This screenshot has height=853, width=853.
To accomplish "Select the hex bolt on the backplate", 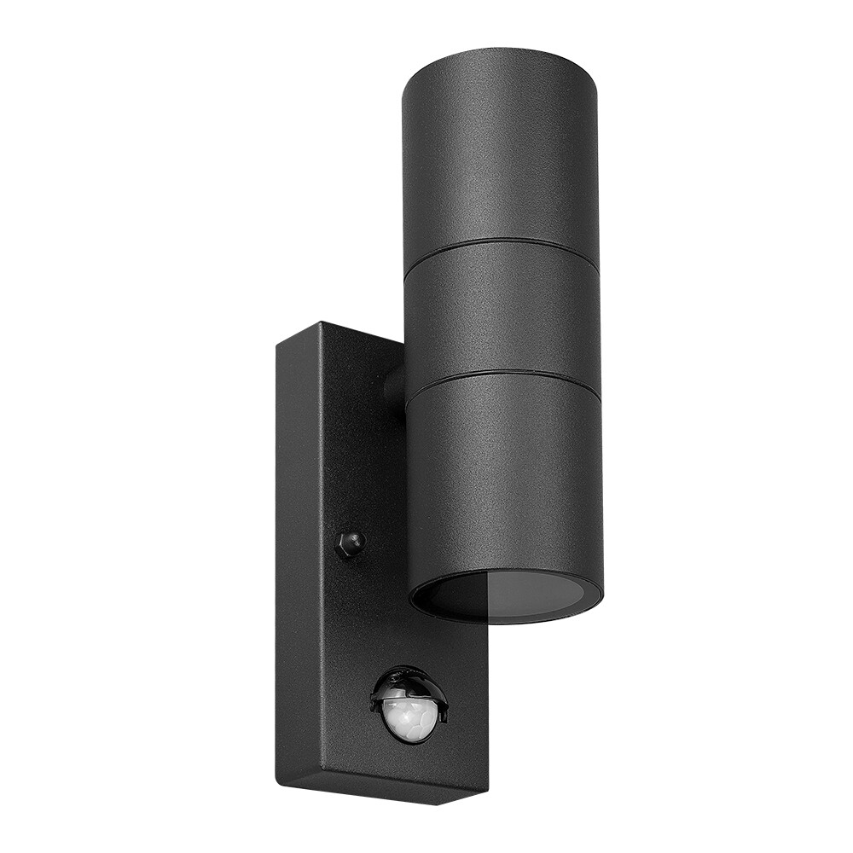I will click(x=350, y=543).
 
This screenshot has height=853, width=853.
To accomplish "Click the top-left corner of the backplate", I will click(x=276, y=342).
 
